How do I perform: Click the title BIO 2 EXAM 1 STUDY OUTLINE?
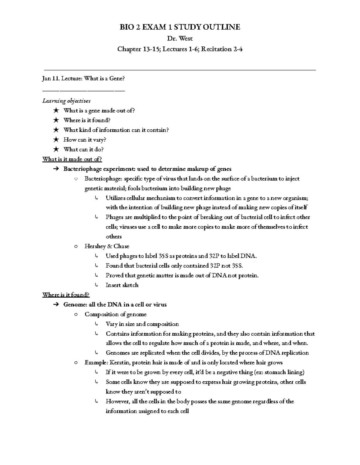click(x=180, y=27)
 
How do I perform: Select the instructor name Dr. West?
click(x=180, y=38)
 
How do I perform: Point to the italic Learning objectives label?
click(x=66, y=101)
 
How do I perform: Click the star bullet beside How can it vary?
click(x=56, y=140)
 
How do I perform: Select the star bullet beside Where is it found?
click(x=56, y=120)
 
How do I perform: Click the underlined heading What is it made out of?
click(x=72, y=159)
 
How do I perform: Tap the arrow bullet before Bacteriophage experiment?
click(x=56, y=169)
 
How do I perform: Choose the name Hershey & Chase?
click(x=107, y=246)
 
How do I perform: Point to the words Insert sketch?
click(x=122, y=285)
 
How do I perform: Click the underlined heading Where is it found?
click(x=66, y=295)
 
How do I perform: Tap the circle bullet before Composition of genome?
click(x=76, y=314)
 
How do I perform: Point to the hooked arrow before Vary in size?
click(x=96, y=324)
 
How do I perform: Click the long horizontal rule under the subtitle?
click(x=180, y=70)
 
